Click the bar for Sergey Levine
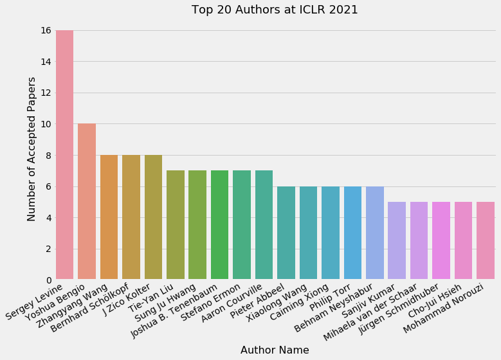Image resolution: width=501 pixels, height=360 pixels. [x=64, y=155]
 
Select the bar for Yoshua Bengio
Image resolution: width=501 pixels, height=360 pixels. [x=87, y=202]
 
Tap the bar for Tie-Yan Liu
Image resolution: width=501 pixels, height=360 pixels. [x=176, y=225]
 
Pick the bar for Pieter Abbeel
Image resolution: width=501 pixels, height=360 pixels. [x=286, y=233]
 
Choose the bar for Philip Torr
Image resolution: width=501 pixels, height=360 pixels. [x=352, y=233]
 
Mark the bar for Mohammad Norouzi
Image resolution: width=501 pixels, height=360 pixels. [x=486, y=240]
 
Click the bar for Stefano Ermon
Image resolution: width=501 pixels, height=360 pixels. [x=242, y=225]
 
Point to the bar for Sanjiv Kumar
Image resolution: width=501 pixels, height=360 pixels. [x=397, y=240]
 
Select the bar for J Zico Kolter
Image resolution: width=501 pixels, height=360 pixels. [x=153, y=217]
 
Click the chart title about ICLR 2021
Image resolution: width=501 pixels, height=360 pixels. [x=275, y=10]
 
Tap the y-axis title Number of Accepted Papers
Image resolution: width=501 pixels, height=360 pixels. [x=32, y=148]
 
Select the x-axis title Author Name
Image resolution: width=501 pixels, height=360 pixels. [x=275, y=350]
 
